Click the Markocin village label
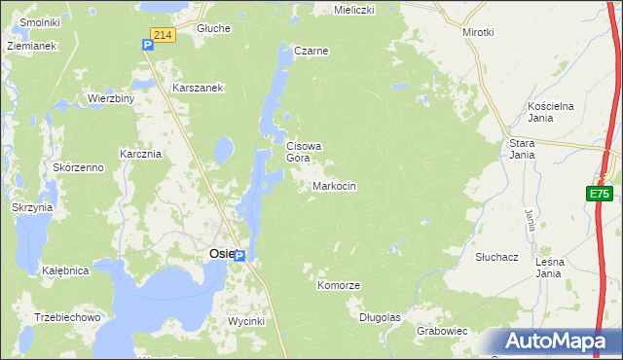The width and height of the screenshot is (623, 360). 334,186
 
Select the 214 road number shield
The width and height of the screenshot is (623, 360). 163,35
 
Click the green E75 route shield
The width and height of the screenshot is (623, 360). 600,195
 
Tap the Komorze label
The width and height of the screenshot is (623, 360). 339,286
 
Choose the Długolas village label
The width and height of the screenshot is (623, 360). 380,317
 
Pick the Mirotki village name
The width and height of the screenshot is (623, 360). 478,32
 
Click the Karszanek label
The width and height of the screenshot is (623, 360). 199,88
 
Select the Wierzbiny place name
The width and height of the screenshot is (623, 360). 110,98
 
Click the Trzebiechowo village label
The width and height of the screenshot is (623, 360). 67,317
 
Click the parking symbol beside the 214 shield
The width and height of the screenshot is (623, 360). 146,44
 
